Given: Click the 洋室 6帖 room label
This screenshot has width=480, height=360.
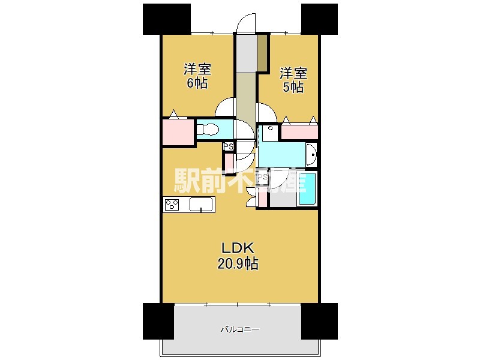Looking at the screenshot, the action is coord(197,76).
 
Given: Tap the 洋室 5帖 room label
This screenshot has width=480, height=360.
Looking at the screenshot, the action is coord(293,80).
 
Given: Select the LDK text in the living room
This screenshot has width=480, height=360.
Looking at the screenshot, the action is coord(238,248).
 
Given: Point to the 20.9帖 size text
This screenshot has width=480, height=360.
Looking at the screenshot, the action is coord(238,263).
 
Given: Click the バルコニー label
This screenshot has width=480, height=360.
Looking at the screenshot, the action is coord(240,329).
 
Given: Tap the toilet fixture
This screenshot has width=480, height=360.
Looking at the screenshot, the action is coord(208,129).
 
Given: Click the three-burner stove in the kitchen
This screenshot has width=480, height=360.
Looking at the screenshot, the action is coord(172,205).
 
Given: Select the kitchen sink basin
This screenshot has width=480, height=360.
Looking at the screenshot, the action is coord(201,205).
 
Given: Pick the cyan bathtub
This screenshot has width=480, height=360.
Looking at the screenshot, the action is coord(307,189).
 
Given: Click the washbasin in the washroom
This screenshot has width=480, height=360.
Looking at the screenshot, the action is coord(311,155).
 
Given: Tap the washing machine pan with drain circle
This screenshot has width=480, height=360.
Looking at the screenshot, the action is coord(269,133).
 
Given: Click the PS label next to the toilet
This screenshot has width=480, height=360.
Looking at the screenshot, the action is coord(229,146).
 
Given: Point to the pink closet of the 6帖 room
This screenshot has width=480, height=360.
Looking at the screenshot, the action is coord(178,132).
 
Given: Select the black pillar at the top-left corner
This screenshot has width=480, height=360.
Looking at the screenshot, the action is coord(167,19).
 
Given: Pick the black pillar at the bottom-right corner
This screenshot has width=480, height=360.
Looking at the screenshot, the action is coord(319,322).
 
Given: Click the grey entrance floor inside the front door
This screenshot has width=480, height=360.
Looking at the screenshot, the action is coord(247,53).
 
